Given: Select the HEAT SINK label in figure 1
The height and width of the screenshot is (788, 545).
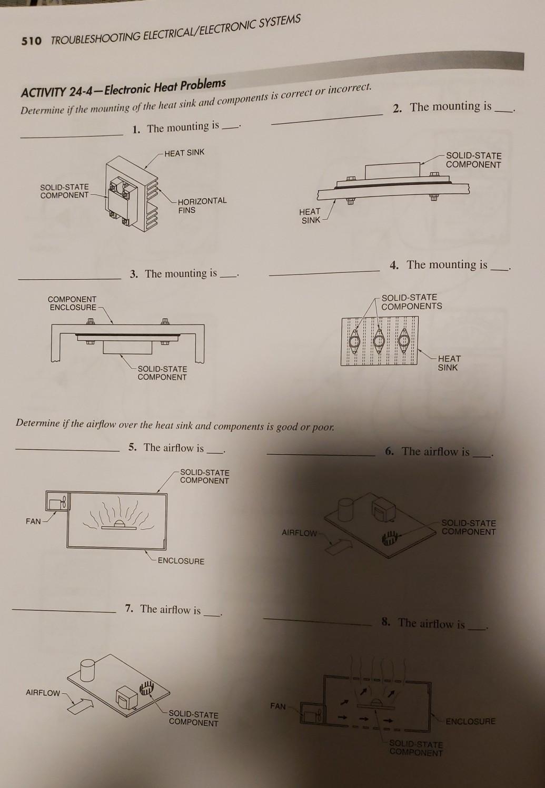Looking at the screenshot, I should click(x=184, y=153).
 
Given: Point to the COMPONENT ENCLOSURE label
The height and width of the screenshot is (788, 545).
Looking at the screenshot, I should click(x=72, y=303).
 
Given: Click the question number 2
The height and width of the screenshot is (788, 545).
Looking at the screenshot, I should click(x=398, y=109).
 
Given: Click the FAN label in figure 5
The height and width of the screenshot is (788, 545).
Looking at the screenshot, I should click(x=33, y=521).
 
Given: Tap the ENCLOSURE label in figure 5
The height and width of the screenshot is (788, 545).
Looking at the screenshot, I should click(x=181, y=561).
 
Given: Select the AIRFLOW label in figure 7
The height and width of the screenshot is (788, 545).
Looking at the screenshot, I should click(x=43, y=693).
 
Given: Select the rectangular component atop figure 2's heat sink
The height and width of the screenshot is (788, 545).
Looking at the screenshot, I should click(x=392, y=171).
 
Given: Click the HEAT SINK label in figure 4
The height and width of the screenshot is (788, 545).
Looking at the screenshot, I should click(x=449, y=363).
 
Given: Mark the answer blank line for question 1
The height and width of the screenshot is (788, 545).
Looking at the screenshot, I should click(x=71, y=135).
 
